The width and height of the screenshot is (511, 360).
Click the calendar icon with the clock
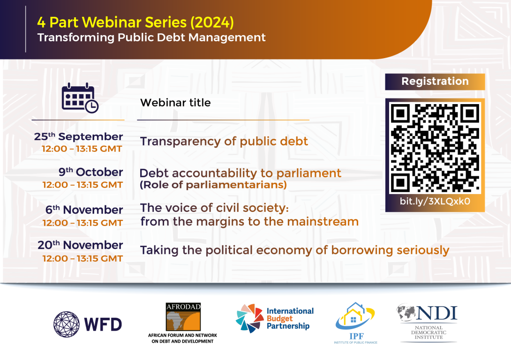click(x=80, y=98)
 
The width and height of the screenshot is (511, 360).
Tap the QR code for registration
click(x=435, y=148)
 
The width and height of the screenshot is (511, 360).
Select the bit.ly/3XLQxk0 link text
click(x=435, y=202)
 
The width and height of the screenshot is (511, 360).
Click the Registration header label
click(x=435, y=81)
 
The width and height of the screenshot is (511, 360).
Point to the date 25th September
click(x=79, y=136)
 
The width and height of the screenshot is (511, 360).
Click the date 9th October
click(x=90, y=172)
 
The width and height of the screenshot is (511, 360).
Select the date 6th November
click(x=84, y=210)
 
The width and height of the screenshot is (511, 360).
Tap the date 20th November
click(x=80, y=245)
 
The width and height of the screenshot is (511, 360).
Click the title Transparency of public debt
click(x=224, y=142)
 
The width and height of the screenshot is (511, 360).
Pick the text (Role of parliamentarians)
click(x=213, y=185)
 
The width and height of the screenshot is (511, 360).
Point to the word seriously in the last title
click(x=423, y=250)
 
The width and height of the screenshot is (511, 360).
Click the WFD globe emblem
click(x=67, y=324)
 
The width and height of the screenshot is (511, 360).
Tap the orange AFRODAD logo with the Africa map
click(x=183, y=317)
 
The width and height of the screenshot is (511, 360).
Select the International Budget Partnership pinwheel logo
click(x=249, y=318)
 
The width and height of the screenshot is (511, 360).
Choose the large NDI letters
click(x=437, y=313)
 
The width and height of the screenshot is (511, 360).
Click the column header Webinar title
click(x=175, y=103)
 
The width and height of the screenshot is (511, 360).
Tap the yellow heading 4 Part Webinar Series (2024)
click(x=135, y=22)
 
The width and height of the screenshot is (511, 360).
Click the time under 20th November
click(x=83, y=258)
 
